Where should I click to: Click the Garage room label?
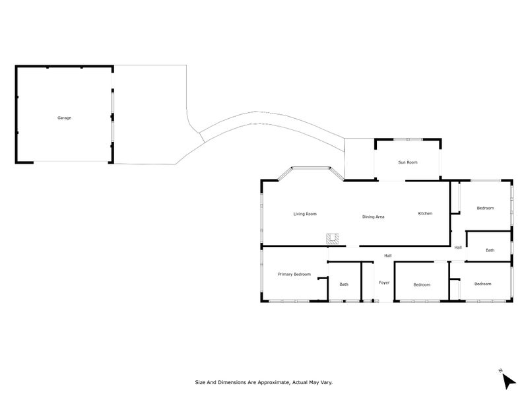[64, 117]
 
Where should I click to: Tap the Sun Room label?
[407, 162]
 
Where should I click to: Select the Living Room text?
[306, 214]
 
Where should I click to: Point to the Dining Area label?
[373, 216]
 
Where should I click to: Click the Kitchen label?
[425, 213]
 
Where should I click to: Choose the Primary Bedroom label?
[294, 274]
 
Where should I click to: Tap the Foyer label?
[384, 282]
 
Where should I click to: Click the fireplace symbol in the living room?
[333, 239]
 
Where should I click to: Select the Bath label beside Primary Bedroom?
[344, 284]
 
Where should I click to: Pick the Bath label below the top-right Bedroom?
[490, 250]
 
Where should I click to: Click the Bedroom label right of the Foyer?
[422, 284]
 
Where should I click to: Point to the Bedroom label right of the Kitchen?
[485, 208]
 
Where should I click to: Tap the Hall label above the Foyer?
[388, 255]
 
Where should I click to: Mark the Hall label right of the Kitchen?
[458, 247]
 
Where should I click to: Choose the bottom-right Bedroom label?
[482, 284]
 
